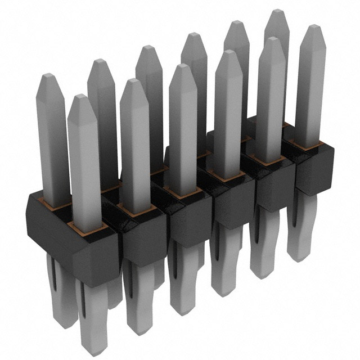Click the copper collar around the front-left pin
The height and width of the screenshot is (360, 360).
(x=87, y=227)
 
